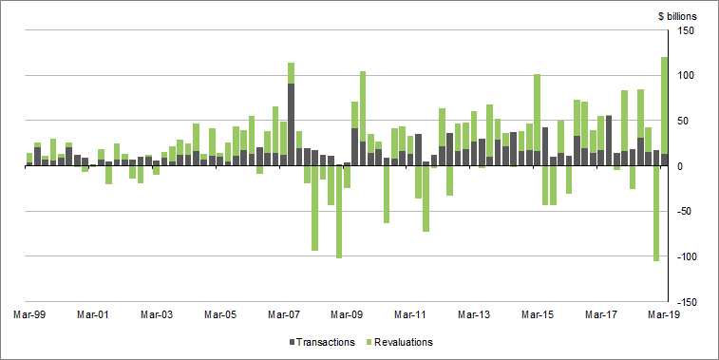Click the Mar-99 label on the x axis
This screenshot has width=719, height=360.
pos(30,313)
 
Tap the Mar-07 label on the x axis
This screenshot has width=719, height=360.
pos(283,313)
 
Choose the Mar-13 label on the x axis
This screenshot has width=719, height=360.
pos(473,313)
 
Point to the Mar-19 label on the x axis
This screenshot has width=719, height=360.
pos(663,313)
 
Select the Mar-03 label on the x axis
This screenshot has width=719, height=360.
pos(157,313)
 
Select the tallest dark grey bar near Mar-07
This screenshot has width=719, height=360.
pos(291,123)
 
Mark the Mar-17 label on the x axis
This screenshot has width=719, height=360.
pos(599,313)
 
